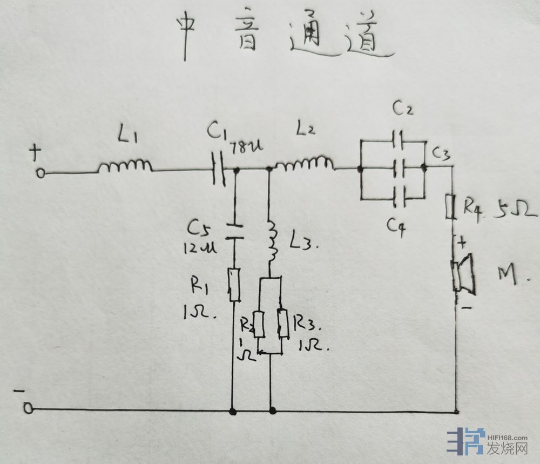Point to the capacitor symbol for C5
click(234, 229)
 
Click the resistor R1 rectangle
click(234, 284)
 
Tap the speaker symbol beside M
click(464, 274)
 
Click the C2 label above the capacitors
click(403, 109)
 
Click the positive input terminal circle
click(40, 174)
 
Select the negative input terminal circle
click(28, 409)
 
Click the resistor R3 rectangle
click(282, 323)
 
